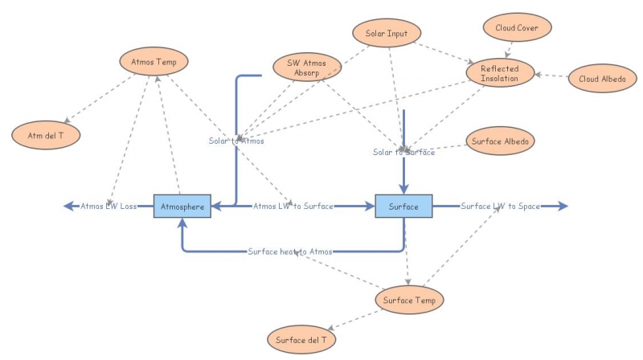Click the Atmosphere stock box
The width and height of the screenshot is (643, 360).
click(182, 207)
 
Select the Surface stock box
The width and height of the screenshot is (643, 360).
click(403, 207)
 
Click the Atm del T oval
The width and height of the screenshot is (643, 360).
click(45, 135)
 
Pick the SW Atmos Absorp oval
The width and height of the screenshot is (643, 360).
click(308, 67)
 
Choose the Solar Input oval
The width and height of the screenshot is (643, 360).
click(387, 34)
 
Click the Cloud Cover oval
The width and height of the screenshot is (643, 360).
click(517, 27)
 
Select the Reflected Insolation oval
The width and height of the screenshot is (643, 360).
click(500, 74)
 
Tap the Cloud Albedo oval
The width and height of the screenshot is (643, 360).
click(602, 79)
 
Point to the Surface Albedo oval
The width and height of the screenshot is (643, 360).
click(500, 141)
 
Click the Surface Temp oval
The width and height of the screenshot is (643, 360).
click(409, 300)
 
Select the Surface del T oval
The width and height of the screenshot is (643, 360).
click(301, 339)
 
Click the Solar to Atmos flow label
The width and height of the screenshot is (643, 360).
click(236, 141)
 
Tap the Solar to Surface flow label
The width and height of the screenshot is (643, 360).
click(403, 152)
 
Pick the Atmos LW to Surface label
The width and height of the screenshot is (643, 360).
click(293, 207)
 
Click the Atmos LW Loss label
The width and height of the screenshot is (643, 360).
click(109, 207)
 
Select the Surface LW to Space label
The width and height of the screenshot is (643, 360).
click(500, 207)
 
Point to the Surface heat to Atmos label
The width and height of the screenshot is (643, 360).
click(289, 252)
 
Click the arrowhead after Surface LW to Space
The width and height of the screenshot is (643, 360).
click(563, 207)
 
